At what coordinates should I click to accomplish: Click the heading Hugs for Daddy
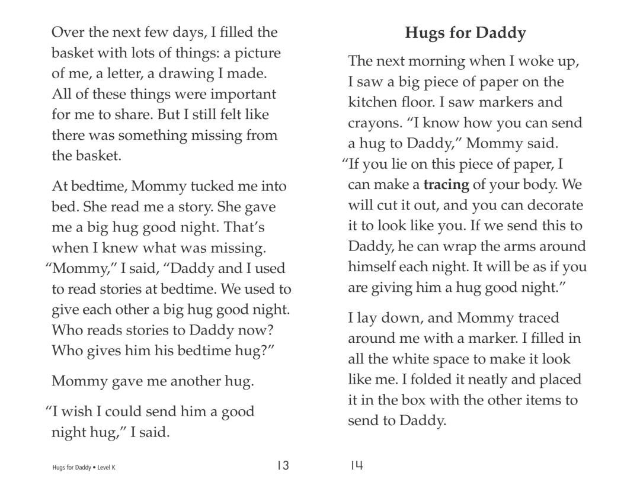coord(465,34)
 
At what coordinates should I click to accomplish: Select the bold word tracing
coord(446,184)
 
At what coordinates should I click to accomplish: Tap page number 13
coord(282,466)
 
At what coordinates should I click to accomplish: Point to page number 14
coord(356,466)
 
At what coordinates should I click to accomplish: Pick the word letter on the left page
coord(143,74)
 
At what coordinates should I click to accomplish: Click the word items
coord(541,400)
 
